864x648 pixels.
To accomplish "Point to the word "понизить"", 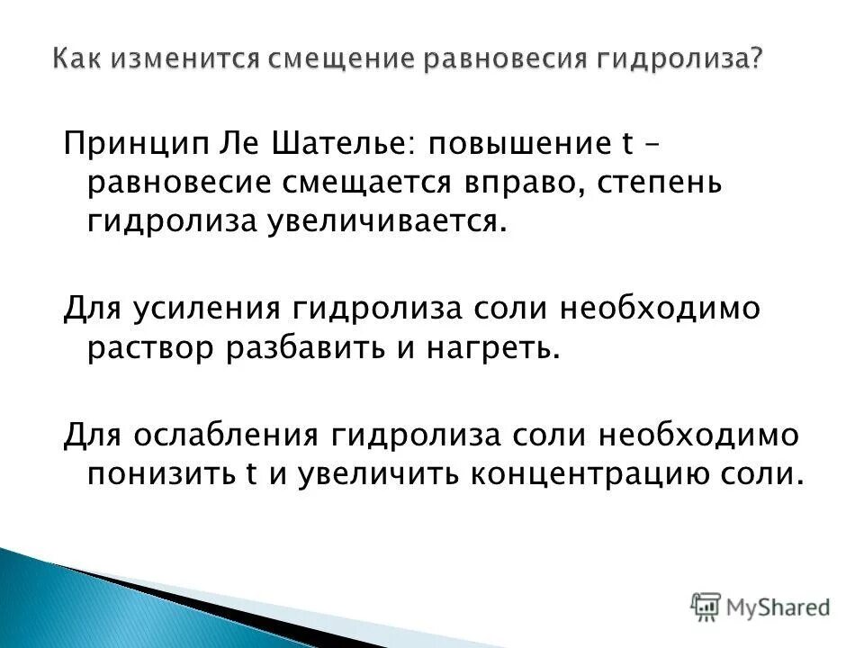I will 158,474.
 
